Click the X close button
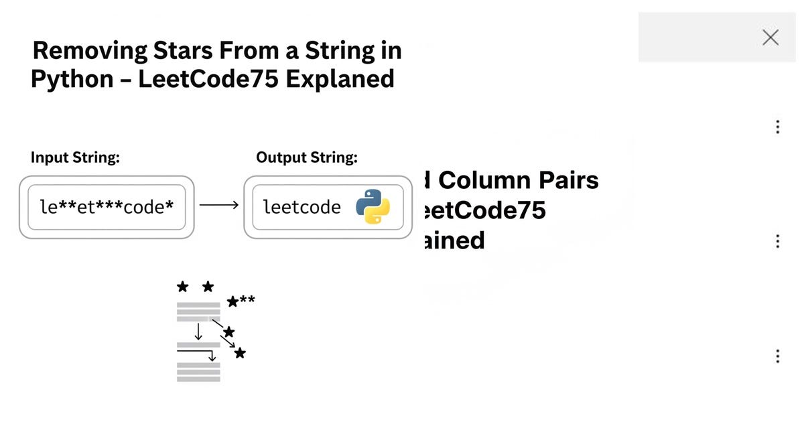[x=770, y=38]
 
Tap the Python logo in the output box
[x=373, y=206]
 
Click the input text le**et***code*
[x=107, y=206]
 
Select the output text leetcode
[x=301, y=206]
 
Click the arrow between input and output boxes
[x=219, y=206]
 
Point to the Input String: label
[x=75, y=158]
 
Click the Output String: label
[x=307, y=158]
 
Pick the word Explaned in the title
[x=340, y=80]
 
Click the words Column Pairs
[x=518, y=180]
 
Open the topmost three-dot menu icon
[x=777, y=127]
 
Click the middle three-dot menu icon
[x=777, y=241]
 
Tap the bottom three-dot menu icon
[x=777, y=356]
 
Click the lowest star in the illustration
[x=240, y=353]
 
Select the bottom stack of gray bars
[x=198, y=372]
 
